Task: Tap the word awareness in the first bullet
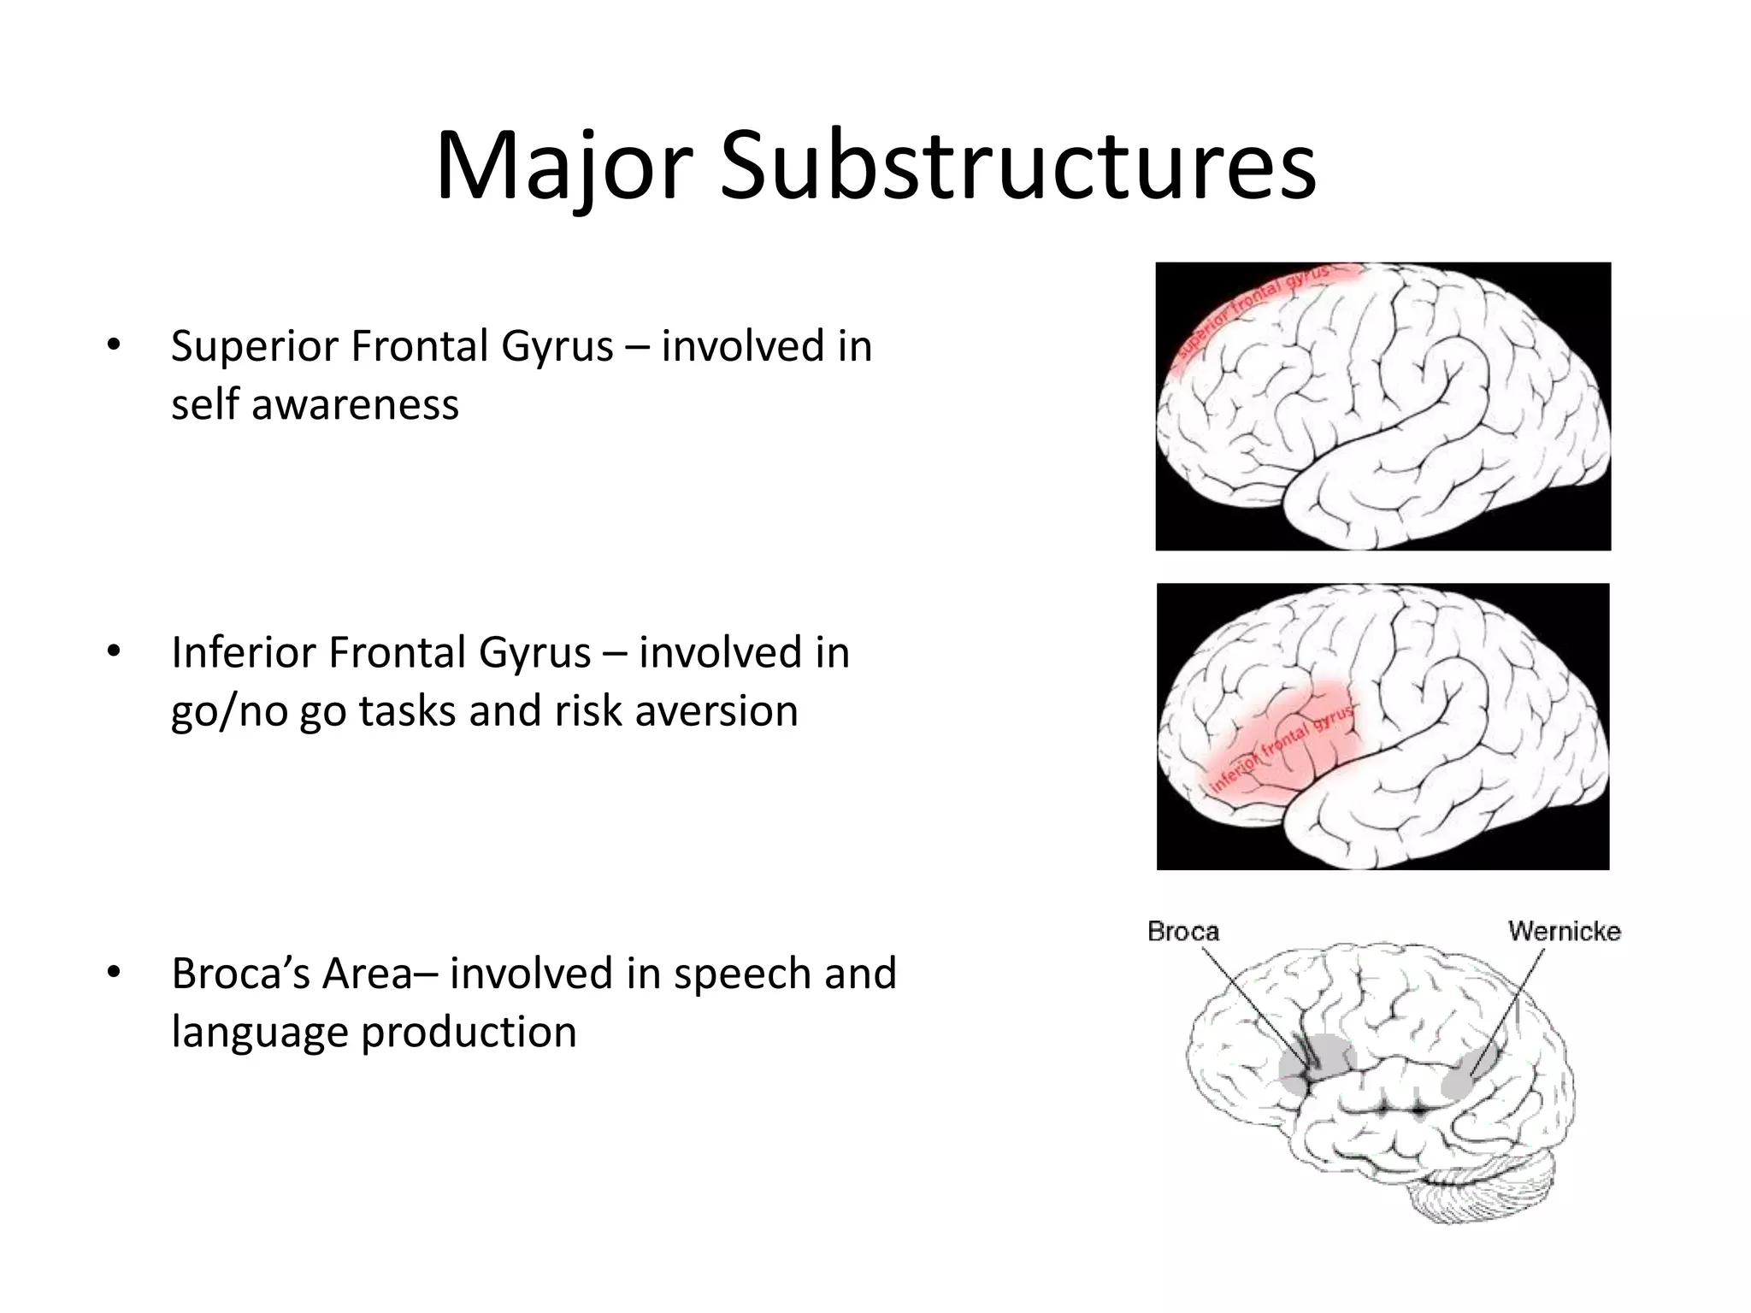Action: (355, 404)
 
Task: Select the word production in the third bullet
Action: (468, 1032)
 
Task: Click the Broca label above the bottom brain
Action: (1182, 931)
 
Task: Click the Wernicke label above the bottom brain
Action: (1564, 931)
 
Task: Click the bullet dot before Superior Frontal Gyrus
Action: (113, 345)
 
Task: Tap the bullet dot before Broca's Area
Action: (113, 973)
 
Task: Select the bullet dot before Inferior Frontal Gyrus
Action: (113, 651)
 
